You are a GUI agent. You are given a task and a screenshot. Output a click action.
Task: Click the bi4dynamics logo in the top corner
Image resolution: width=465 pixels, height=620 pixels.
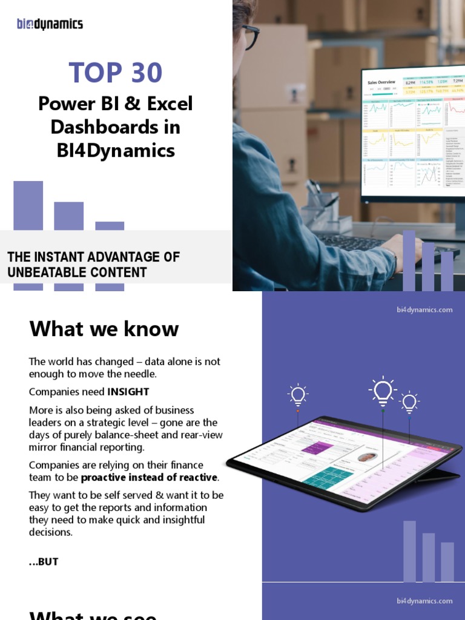point(50,24)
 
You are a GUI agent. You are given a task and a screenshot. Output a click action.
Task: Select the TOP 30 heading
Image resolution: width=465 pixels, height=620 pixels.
point(116,73)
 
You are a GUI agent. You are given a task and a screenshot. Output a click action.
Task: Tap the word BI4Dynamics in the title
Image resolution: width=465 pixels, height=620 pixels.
point(116,150)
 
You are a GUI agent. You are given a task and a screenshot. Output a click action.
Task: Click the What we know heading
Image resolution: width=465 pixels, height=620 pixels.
point(104,329)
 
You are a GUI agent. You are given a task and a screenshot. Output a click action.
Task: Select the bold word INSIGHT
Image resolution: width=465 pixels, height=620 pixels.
point(128,391)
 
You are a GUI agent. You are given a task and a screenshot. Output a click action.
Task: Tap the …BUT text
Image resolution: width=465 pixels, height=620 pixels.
point(44,561)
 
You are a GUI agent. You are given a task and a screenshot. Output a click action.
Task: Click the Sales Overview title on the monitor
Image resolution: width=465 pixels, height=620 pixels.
point(381,82)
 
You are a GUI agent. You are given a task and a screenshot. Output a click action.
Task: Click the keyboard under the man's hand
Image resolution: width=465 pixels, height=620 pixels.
point(357,243)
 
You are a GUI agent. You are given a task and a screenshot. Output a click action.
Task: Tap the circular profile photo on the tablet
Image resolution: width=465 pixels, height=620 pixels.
point(366,457)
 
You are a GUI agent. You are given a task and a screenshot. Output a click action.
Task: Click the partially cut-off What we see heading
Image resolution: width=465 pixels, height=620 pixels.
point(93,615)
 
